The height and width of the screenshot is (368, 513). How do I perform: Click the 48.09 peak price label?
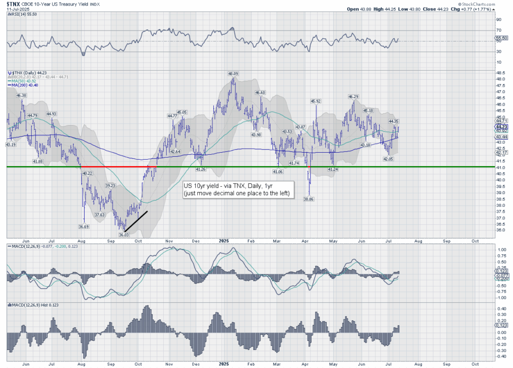233,74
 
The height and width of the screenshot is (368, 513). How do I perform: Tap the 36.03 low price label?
124,234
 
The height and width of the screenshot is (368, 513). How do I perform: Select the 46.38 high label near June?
21,95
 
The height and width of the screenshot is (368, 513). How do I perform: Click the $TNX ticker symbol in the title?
14,4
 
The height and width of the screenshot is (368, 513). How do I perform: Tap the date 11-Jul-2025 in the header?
17,10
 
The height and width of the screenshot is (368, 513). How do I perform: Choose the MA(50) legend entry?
24,81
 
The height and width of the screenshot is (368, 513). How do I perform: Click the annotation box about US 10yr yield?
238,189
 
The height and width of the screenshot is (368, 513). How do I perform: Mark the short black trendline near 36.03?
136,221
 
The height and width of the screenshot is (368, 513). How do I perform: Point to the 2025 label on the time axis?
224,240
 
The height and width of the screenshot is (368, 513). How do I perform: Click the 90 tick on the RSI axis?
498,20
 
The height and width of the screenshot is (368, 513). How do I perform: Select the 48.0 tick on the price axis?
499,79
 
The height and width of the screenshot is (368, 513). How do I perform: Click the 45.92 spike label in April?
316,101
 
